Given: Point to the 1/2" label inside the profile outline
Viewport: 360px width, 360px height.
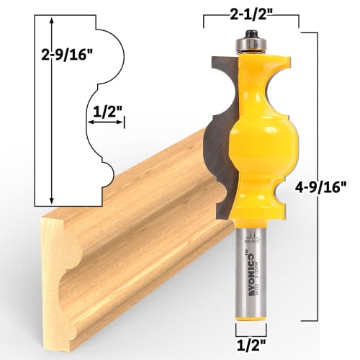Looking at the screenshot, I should pos(108,111).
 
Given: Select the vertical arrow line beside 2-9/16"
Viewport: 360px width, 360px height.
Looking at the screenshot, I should pos(51,108).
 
